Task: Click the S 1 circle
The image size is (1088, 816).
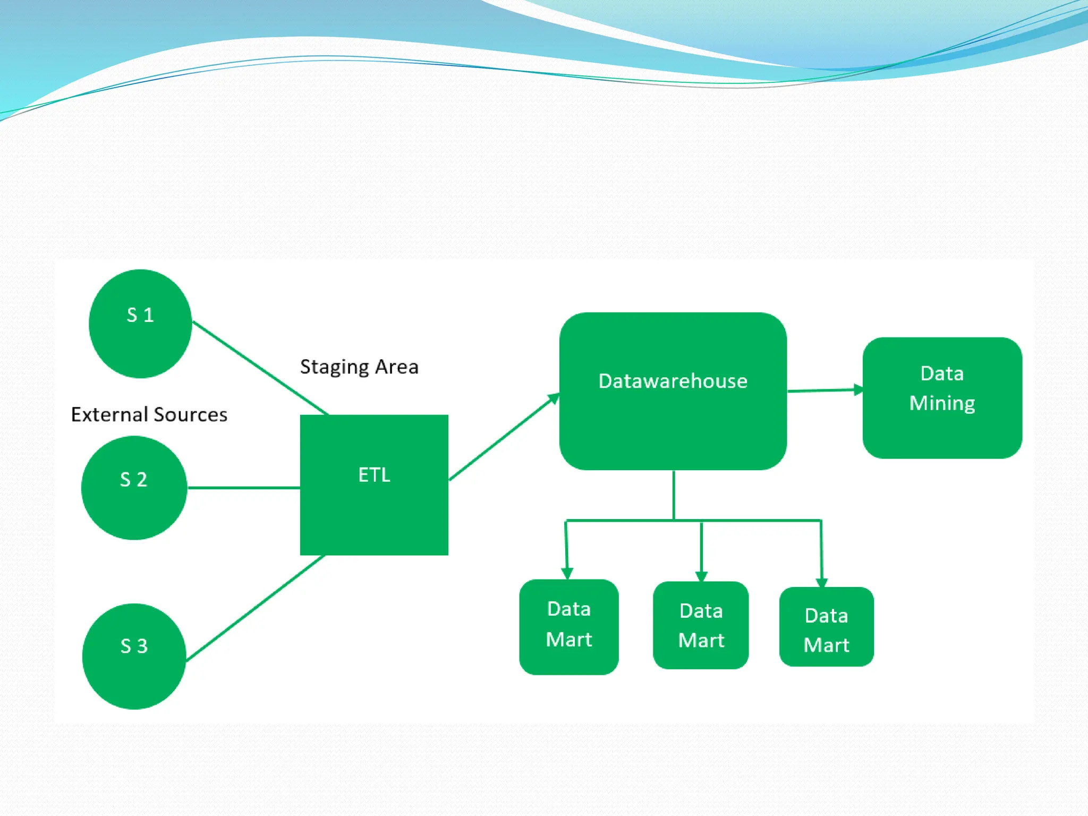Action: pos(140,324)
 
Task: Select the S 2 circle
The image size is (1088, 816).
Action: pos(134,488)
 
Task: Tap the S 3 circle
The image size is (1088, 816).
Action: pos(134,656)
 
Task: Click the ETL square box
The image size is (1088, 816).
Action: pos(374,484)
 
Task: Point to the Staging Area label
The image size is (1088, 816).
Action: pos(359,367)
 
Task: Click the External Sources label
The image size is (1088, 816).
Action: pos(149,415)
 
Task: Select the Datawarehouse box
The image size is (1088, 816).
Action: pos(673,391)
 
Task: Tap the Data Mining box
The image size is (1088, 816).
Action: pos(942,397)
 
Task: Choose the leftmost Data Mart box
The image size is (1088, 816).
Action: pos(568,627)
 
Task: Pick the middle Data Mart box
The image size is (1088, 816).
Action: pos(701,625)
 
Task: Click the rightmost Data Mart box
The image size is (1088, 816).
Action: pos(826,627)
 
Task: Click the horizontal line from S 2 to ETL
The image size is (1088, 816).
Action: pos(243,487)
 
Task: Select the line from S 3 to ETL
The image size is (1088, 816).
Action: pos(255,608)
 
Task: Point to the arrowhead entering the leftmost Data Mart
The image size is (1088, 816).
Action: pos(567,573)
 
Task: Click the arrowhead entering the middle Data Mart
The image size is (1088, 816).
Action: pos(701,576)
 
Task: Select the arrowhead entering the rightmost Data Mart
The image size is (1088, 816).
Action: pos(821,582)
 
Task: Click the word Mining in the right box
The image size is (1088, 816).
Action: pos(942,403)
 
